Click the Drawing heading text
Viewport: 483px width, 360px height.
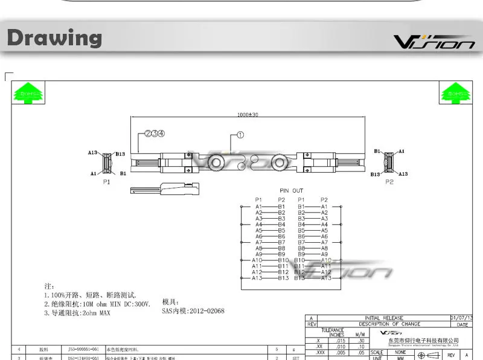pyautogui.click(x=55, y=38)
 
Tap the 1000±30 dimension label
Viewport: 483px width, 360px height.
pyautogui.click(x=248, y=115)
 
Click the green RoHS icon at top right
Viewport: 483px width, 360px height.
pyautogui.click(x=455, y=94)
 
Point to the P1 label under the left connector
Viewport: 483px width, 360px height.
pyautogui.click(x=107, y=181)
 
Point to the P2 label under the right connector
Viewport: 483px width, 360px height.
pyautogui.click(x=389, y=181)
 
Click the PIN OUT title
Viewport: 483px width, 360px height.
pyautogui.click(x=292, y=191)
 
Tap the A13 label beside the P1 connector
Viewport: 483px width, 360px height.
pyautogui.click(x=92, y=153)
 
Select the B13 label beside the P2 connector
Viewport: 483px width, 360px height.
pyautogui.click(x=376, y=174)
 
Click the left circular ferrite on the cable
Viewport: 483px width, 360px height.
pyautogui.click(x=217, y=162)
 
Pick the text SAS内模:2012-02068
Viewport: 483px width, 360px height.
pyautogui.click(x=193, y=311)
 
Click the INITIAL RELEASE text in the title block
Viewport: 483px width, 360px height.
pyautogui.click(x=384, y=318)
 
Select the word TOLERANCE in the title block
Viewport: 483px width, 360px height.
pyautogui.click(x=333, y=330)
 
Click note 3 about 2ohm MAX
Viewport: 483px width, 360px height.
pyautogui.click(x=77, y=313)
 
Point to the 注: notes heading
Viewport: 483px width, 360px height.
pyautogui.click(x=50, y=285)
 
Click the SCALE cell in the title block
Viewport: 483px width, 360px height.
pyautogui.click(x=377, y=352)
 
